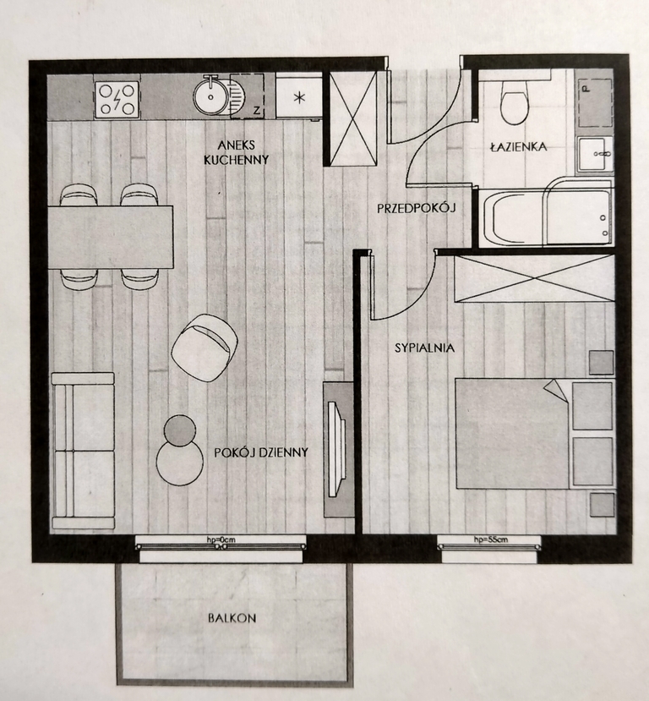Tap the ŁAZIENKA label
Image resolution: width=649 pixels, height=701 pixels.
pyautogui.click(x=518, y=146)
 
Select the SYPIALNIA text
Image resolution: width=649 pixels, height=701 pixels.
pyautogui.click(x=424, y=348)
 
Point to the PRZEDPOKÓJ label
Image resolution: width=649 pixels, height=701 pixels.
pyautogui.click(x=416, y=208)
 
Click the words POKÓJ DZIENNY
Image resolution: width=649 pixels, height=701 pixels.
pyautogui.click(x=261, y=452)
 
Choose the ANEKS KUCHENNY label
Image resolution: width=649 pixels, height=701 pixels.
pyautogui.click(x=236, y=152)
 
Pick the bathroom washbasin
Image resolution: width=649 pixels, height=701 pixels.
pyautogui.click(x=595, y=154)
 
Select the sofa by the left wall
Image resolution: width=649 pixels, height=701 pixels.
pyautogui.click(x=84, y=451)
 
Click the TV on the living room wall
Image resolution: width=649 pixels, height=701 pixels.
pyautogui.click(x=335, y=449)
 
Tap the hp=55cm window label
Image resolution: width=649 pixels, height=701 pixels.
pyautogui.click(x=491, y=539)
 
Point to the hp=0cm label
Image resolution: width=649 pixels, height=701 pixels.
pyautogui.click(x=221, y=539)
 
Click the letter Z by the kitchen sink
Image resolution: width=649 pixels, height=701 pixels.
pyautogui.click(x=257, y=111)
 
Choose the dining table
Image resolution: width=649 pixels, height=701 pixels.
pyautogui.click(x=111, y=237)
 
